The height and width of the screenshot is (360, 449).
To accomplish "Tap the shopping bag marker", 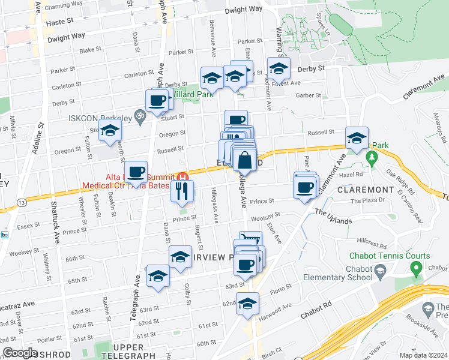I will pos(245,160).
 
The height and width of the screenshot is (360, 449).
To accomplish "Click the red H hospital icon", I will pos(183,176).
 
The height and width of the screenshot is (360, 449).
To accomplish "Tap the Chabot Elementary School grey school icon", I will pos(381,274).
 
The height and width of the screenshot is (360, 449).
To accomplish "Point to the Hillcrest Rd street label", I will pos(373,245).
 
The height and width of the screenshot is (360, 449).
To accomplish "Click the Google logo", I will pos(20,353).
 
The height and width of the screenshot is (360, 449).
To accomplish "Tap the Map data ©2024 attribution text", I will pos(423,355).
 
